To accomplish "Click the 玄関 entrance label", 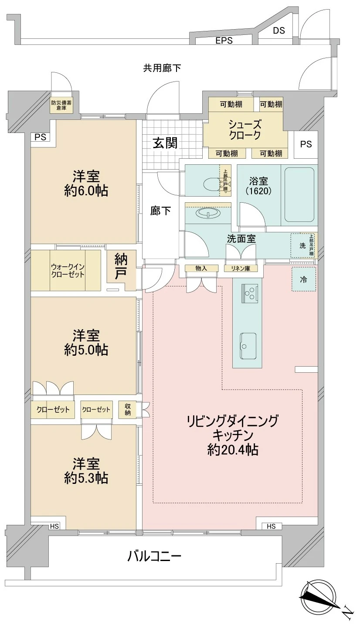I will [164, 143].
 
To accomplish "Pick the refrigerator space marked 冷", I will [303, 280].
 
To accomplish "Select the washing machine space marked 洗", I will [302, 245].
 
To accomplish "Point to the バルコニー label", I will [154, 556].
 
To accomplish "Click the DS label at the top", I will [279, 31].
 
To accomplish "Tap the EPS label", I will [224, 41].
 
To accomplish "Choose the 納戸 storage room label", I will [120, 267].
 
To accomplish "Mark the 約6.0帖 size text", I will [86, 191].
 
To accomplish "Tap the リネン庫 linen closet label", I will [241, 269].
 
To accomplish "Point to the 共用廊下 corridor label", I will [162, 68].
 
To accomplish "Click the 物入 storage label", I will [201, 269].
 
